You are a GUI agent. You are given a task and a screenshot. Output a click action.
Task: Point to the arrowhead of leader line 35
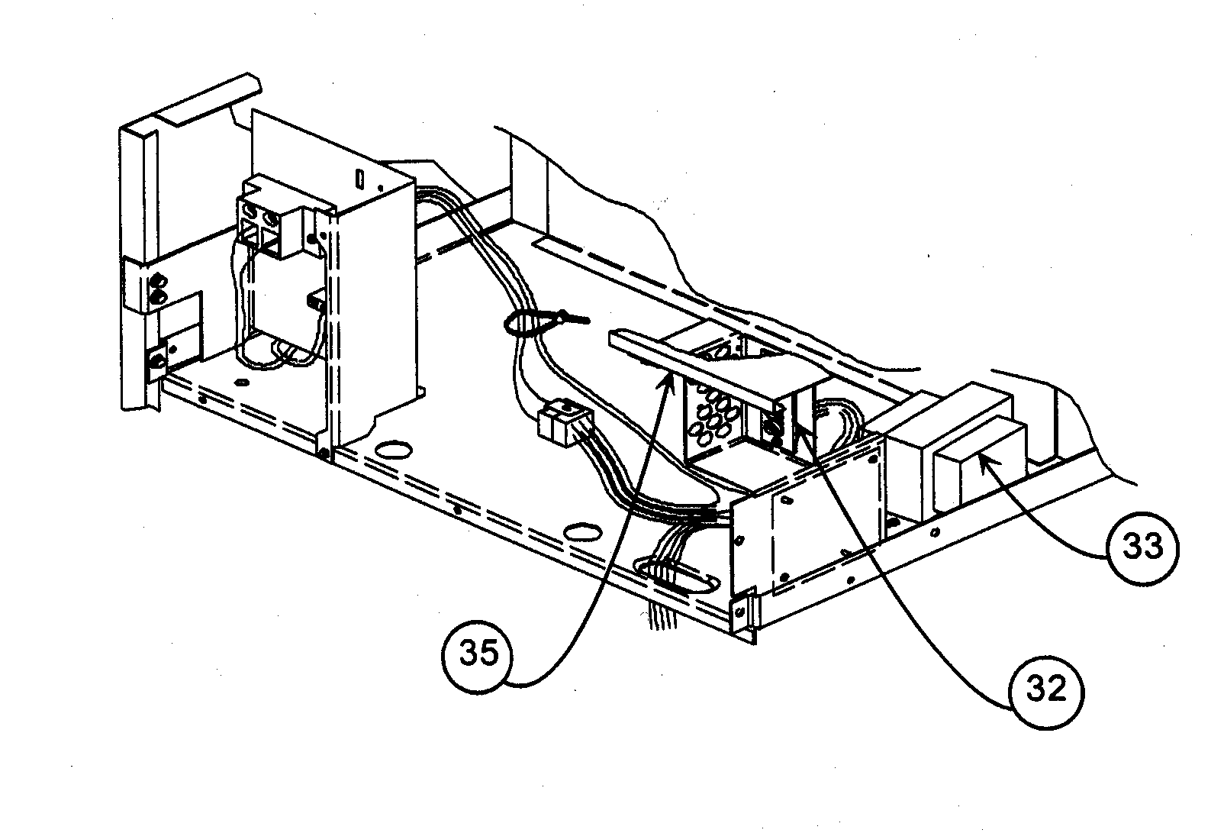coord(672,381)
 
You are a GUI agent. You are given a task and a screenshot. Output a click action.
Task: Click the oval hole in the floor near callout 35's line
coord(584,528)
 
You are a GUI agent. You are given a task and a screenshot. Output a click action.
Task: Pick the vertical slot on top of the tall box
coord(359,182)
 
